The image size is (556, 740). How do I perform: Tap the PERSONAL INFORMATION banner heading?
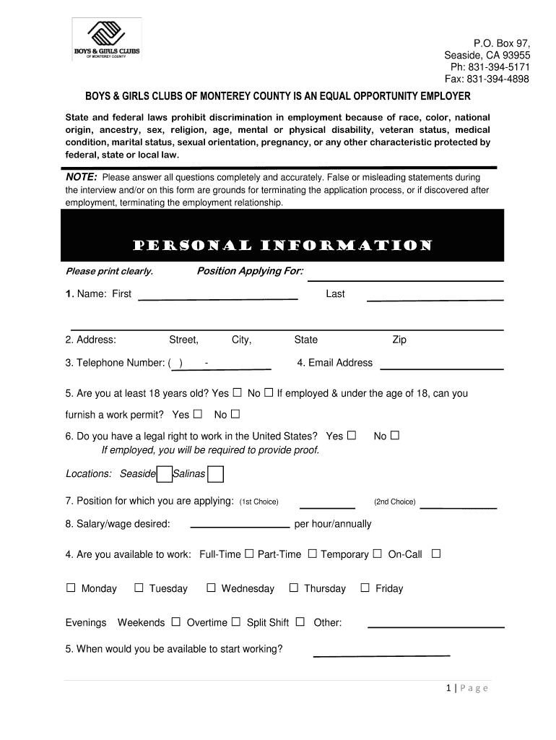point(282,246)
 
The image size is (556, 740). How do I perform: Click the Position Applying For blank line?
point(406,278)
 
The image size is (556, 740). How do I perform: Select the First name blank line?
point(217,297)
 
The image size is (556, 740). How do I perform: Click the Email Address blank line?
point(441,367)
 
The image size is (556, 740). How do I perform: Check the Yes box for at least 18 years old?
point(237,393)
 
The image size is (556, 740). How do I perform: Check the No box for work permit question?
point(235,414)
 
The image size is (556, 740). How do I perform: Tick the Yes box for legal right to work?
point(352,436)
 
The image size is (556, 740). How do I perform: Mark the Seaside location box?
point(165,474)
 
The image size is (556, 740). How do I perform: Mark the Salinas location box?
point(215,474)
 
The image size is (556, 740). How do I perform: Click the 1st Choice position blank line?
point(327,506)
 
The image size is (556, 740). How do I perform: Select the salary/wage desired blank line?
point(239,527)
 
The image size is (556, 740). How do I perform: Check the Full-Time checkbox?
point(249,554)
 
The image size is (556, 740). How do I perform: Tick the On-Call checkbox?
point(435,554)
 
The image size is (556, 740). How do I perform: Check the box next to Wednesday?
point(212,588)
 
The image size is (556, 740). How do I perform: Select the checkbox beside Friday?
point(365,588)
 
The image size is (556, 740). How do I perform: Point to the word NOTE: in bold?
point(81,178)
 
